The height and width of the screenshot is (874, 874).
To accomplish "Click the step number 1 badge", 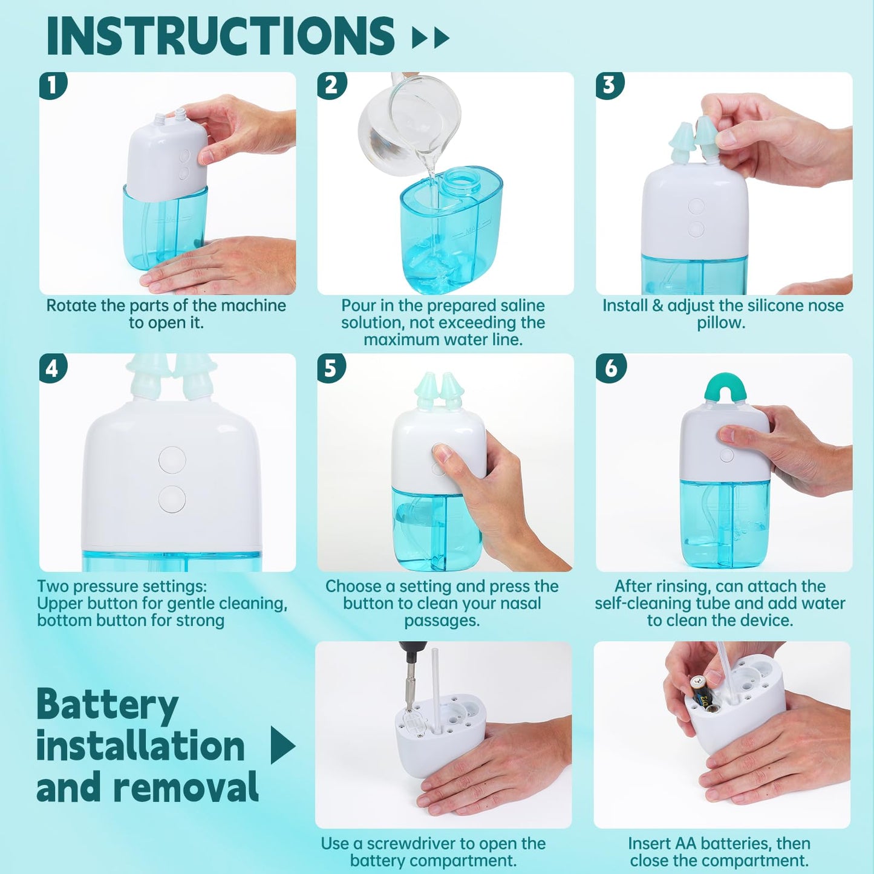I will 53,85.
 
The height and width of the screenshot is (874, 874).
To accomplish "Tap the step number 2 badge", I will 331,85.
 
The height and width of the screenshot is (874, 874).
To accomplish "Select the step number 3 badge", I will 610,85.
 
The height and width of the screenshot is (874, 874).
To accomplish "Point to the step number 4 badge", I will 53,368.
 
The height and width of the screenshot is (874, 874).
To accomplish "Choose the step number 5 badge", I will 331,368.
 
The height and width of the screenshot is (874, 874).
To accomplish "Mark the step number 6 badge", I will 611,368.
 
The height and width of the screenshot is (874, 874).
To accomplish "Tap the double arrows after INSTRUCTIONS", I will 431,38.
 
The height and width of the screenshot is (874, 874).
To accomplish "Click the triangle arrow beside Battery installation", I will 282,745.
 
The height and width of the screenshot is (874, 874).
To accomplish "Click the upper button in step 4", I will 172,460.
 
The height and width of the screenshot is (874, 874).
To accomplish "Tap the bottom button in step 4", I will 172,499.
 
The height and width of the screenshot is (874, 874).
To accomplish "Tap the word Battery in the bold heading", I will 107,705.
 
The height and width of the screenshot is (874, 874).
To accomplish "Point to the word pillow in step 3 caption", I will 721,322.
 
